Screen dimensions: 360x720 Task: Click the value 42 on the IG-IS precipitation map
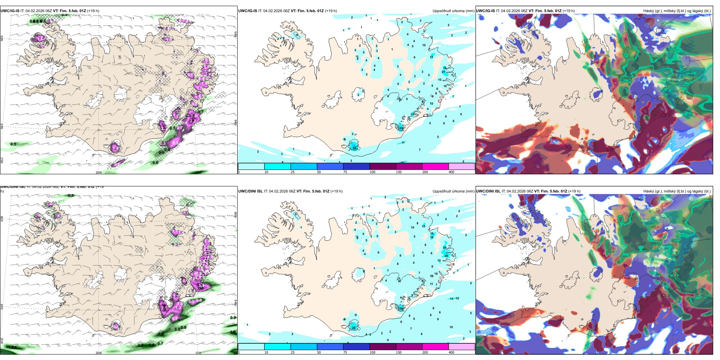(355, 148)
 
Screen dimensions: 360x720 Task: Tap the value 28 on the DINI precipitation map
(354, 328)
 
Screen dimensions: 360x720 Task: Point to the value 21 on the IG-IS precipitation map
(443, 72)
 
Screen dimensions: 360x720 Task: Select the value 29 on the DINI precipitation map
(446, 256)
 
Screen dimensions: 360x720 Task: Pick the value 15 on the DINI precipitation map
(432, 234)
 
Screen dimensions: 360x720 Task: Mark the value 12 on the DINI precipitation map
(457, 299)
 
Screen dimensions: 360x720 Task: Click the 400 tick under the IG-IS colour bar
(451, 172)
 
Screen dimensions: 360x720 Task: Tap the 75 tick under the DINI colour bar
(345, 352)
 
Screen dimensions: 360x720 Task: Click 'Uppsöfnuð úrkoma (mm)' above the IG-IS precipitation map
(453, 11)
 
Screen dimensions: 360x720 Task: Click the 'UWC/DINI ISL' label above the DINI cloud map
(488, 191)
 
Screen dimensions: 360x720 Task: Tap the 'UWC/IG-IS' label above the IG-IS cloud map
(485, 11)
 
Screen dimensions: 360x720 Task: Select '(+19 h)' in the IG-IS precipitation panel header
(331, 11)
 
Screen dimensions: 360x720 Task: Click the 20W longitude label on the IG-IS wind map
(99, 172)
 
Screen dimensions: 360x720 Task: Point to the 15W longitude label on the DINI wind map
(198, 353)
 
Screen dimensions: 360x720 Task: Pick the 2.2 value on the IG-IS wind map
(193, 121)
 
